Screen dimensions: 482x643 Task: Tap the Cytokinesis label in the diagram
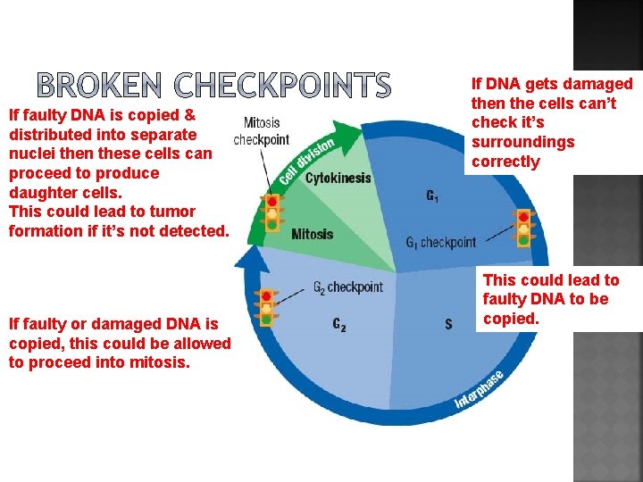click(x=338, y=178)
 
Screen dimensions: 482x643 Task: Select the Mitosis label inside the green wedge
click(x=312, y=234)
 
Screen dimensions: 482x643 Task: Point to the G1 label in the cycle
click(x=432, y=195)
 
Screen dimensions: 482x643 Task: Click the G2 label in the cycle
click(x=338, y=325)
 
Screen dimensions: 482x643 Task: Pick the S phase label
click(x=448, y=324)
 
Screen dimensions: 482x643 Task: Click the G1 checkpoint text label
click(x=440, y=242)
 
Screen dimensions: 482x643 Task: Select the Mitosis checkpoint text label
click(x=261, y=131)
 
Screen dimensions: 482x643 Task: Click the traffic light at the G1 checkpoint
click(x=523, y=228)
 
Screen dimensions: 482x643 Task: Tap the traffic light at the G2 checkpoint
click(x=265, y=306)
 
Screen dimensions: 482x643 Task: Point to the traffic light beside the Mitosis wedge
click(x=271, y=213)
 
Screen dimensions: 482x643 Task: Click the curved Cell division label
click(x=306, y=161)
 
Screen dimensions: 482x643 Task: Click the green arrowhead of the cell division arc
click(x=350, y=131)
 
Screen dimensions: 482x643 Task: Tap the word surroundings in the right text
click(x=522, y=142)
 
